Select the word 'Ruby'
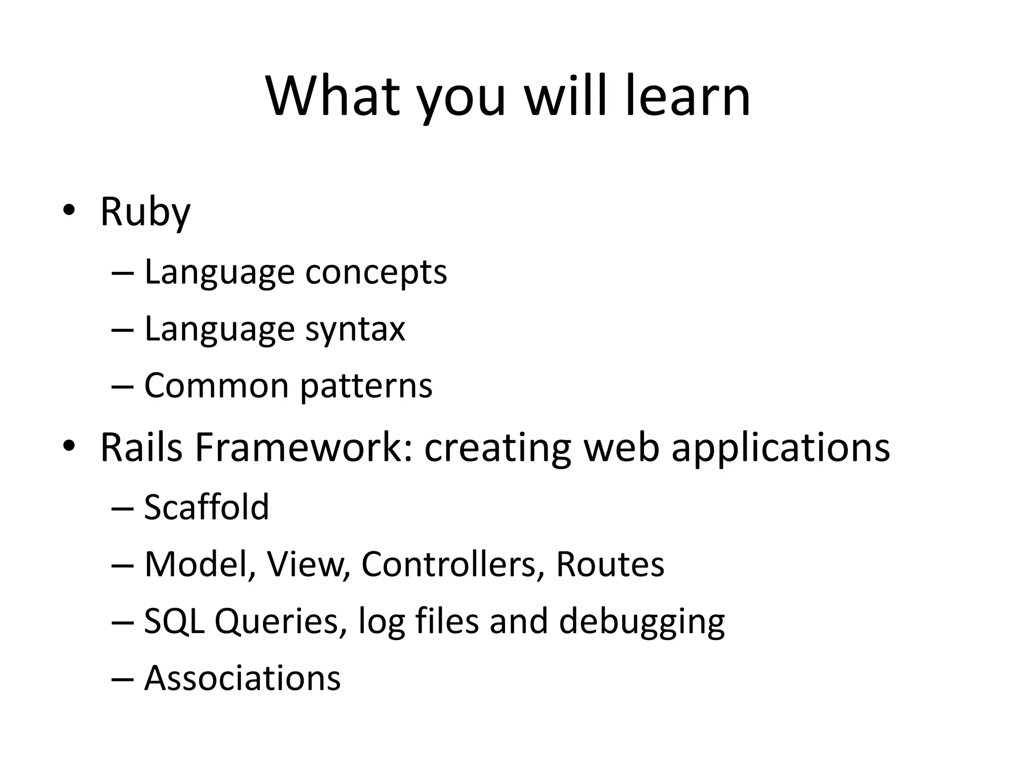145,212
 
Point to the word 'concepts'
376,273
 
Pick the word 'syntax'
355,330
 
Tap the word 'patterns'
367,386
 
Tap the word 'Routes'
610,564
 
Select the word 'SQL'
174,621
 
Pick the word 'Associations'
242,678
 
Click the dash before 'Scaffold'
123,508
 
